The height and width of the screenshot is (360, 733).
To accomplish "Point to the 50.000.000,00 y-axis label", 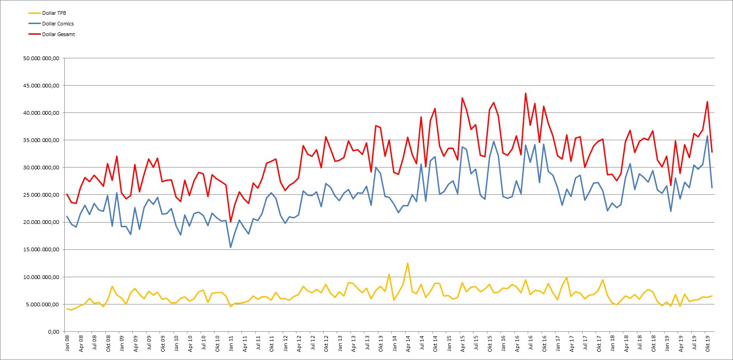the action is (41, 58).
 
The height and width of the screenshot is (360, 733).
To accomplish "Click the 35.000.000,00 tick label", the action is (41, 140).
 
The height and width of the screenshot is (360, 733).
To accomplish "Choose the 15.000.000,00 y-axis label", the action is (41, 249).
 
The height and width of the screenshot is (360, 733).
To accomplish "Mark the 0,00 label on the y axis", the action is (54, 331).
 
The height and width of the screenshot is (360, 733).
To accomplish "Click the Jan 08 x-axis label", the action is (67, 343).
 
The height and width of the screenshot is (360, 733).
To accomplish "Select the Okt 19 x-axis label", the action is (708, 343).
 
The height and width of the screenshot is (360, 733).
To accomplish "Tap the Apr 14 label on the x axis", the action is (408, 343).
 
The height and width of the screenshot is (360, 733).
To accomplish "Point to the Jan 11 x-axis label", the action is (231, 343).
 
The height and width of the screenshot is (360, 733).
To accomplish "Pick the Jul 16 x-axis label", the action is (530, 342).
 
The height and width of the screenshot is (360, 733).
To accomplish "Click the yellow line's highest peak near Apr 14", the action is (407, 263).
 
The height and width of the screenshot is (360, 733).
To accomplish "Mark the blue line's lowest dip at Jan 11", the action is (230, 248).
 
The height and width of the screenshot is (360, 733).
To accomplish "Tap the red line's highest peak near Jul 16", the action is (525, 93).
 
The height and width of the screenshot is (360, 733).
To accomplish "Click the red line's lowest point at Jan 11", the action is (230, 222).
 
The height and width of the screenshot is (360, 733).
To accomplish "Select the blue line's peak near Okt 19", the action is (707, 136).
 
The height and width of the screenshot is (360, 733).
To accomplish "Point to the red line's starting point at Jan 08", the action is (67, 194).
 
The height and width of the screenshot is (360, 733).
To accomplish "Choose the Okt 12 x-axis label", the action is (326, 343).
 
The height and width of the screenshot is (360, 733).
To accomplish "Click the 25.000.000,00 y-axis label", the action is (41, 195).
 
